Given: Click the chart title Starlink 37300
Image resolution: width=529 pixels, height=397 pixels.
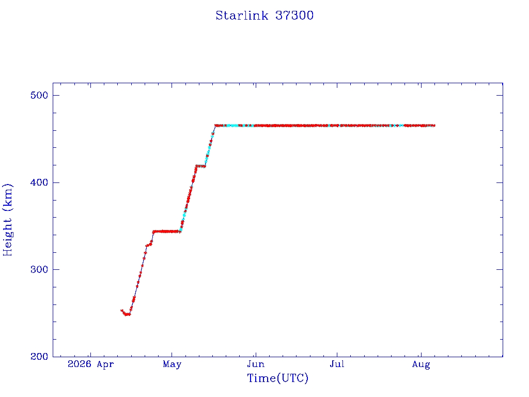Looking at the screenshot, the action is (264, 16).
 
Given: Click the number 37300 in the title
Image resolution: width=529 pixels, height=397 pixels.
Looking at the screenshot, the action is (294, 16).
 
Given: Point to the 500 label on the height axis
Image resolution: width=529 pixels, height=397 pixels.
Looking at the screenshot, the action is (39, 95).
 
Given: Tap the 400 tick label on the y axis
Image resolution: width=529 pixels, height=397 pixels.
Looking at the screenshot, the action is (39, 182).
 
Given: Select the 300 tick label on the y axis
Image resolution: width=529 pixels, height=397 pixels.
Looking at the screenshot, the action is (39, 269).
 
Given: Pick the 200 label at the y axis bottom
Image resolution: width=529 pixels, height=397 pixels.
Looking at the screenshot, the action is (39, 357).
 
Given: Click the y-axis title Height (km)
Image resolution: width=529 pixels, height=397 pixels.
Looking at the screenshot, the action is (7, 220).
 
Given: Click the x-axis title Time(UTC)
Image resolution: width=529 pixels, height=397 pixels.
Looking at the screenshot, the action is (277, 378).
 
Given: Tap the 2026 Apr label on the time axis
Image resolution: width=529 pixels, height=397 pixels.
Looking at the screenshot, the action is (91, 364).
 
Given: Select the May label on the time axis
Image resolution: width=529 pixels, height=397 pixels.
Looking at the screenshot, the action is (172, 364).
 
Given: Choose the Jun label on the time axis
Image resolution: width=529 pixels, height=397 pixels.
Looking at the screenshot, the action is (256, 364).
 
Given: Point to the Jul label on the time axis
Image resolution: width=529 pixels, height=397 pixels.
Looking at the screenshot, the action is (337, 364).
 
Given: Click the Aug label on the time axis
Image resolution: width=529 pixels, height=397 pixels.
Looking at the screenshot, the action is (421, 364).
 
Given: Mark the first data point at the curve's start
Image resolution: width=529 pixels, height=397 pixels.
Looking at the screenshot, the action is (122, 311).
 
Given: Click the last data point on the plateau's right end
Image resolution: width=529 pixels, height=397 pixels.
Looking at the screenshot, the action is (434, 126).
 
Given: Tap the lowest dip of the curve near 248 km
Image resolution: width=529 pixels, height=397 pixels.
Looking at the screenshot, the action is (127, 315).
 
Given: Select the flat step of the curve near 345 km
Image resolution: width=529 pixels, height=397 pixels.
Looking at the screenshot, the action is (166, 232).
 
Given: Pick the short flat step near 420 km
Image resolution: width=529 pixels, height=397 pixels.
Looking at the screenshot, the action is (200, 166).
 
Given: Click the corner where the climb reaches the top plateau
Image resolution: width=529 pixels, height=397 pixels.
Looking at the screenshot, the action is (215, 126).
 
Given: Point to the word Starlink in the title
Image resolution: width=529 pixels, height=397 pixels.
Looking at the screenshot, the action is (242, 16).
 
